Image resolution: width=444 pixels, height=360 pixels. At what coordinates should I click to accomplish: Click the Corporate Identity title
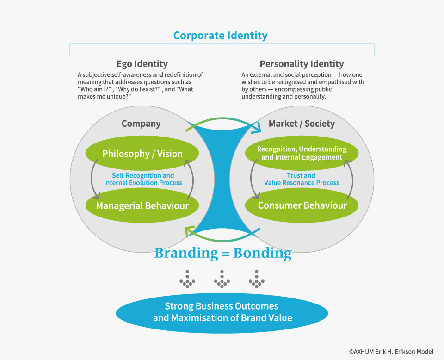(x=220, y=35)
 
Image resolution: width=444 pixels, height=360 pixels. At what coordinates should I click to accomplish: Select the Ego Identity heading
(x=142, y=64)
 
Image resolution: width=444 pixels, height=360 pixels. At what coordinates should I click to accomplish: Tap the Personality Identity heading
(x=302, y=64)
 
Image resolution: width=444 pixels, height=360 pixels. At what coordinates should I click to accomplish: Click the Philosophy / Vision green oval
(x=142, y=154)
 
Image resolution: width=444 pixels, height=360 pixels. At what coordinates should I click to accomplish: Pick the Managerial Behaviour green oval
(x=142, y=205)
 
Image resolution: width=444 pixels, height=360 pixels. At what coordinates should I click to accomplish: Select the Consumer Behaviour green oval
(x=302, y=205)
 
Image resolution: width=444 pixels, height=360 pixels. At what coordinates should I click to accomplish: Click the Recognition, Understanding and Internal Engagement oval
(x=302, y=153)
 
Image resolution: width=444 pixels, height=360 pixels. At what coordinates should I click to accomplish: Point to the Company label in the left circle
(x=141, y=124)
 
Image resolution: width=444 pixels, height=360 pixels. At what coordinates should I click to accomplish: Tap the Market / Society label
(x=302, y=124)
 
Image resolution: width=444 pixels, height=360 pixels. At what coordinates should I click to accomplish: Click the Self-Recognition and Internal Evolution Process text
(x=142, y=179)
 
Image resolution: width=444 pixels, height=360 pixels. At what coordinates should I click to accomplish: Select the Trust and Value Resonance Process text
(x=302, y=179)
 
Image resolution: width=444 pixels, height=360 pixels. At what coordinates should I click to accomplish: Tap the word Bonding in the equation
(x=262, y=254)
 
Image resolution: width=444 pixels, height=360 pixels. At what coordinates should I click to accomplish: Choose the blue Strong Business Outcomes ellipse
(x=222, y=312)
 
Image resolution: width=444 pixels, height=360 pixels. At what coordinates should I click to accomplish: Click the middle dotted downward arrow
(x=222, y=279)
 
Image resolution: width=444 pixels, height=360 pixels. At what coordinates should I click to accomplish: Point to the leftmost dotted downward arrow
(x=188, y=279)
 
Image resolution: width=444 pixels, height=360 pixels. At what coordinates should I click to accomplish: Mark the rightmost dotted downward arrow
(x=256, y=279)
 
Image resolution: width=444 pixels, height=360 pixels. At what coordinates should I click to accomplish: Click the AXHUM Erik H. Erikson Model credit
(x=391, y=352)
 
